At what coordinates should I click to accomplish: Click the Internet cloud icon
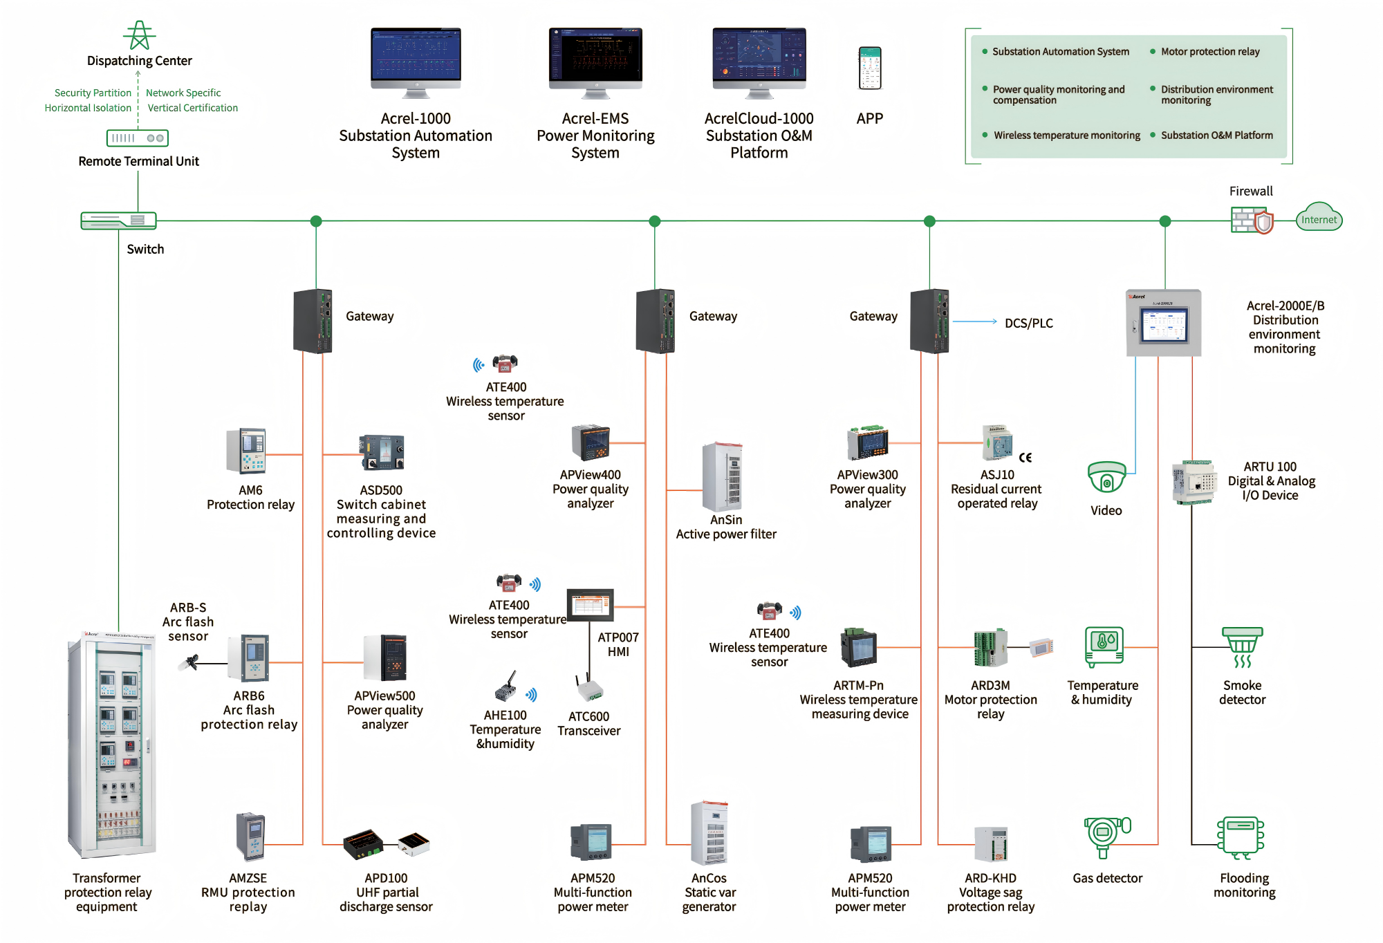1318,218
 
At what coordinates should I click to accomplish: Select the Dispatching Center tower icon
140,35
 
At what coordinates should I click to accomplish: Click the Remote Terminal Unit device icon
138,138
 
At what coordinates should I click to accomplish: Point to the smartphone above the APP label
870,68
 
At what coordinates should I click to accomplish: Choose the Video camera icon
1106,478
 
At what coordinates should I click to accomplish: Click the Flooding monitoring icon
1241,837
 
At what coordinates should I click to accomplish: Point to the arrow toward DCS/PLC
975,321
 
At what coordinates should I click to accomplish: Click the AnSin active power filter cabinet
723,476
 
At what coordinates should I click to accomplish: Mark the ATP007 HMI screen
590,606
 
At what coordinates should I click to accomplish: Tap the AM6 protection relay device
246,451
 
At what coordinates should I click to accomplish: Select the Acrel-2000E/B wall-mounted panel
1164,322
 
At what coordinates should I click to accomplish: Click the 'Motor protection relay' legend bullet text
1210,52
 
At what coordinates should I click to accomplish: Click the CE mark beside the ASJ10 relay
1025,458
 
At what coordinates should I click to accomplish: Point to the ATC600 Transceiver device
589,689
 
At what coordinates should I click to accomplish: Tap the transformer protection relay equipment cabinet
111,744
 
